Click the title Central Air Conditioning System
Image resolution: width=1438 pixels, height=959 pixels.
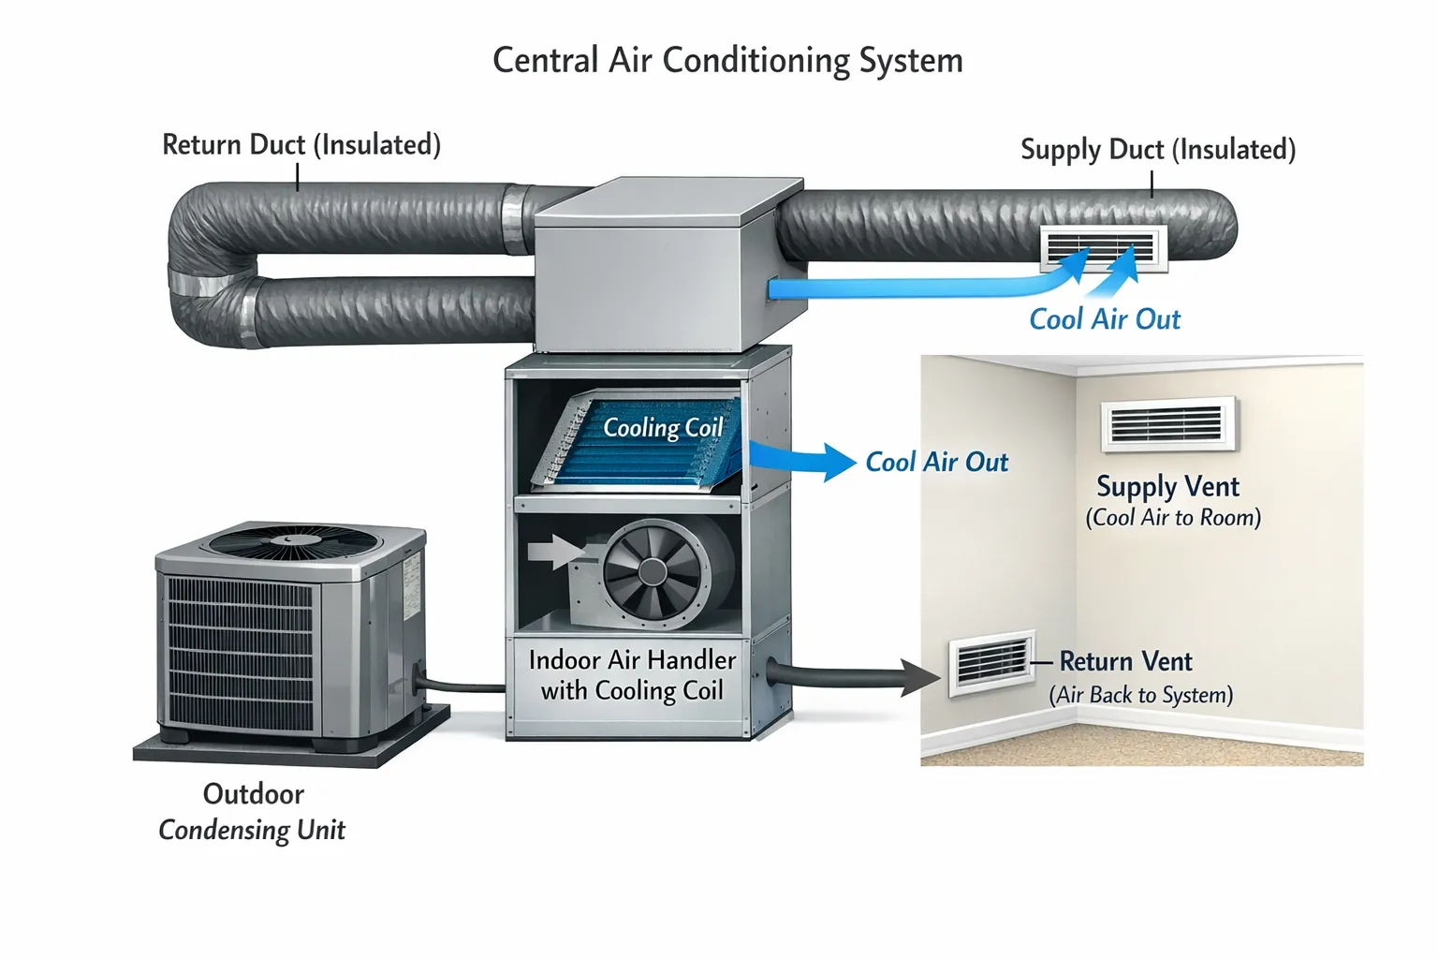[727, 61]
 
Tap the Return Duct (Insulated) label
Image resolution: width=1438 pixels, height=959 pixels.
[301, 145]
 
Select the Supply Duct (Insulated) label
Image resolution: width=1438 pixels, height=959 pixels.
[1157, 150]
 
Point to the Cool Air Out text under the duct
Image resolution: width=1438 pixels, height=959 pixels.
[1105, 319]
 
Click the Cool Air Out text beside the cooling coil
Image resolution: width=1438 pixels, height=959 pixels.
[936, 463]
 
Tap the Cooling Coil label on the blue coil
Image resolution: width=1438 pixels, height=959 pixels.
[663, 428]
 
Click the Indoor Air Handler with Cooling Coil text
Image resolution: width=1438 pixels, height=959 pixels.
[632, 675]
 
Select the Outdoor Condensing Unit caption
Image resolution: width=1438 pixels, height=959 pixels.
[253, 812]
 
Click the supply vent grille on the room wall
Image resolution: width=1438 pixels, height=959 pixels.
[1167, 424]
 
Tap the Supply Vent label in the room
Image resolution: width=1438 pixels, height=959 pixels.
[1167, 487]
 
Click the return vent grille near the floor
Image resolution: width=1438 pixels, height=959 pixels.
[990, 664]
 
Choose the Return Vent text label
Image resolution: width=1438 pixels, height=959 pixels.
[1125, 662]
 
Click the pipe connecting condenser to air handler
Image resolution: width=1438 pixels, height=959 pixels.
[463, 687]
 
